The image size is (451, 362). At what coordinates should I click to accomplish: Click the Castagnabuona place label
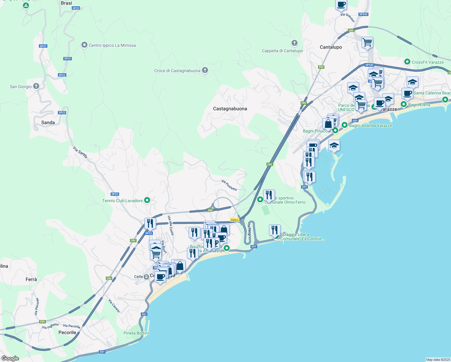coord(230,109)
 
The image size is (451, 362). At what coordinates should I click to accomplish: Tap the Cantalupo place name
coord(331,47)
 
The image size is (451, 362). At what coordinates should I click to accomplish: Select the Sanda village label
coord(48,122)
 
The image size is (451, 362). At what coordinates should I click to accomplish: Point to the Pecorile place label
coord(67,332)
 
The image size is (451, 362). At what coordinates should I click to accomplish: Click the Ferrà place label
coord(31,279)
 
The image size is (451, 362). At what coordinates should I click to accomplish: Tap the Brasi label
coord(66,3)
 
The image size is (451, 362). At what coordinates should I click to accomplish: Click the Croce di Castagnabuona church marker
coord(205,71)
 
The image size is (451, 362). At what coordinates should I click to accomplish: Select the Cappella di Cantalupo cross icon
coord(295,43)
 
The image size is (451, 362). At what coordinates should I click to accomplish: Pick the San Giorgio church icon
coord(36,87)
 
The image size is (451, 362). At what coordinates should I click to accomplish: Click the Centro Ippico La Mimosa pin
coord(84,45)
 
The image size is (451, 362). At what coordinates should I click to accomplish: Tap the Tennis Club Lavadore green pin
coord(147,200)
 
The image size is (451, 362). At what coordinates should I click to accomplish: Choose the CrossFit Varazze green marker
coord(407,62)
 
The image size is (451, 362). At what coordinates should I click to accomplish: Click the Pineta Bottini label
coord(136,333)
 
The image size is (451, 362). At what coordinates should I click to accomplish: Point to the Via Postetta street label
coord(229,185)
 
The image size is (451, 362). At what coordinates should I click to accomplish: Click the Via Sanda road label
coord(80,152)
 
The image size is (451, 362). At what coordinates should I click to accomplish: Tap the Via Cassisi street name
coord(114,306)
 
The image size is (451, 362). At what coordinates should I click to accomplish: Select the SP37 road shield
coord(43,46)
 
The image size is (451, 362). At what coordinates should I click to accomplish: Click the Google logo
coord(10,358)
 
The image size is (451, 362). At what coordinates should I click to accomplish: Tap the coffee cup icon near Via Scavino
coord(341,5)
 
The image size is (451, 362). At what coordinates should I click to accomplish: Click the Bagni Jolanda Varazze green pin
coord(345,125)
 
